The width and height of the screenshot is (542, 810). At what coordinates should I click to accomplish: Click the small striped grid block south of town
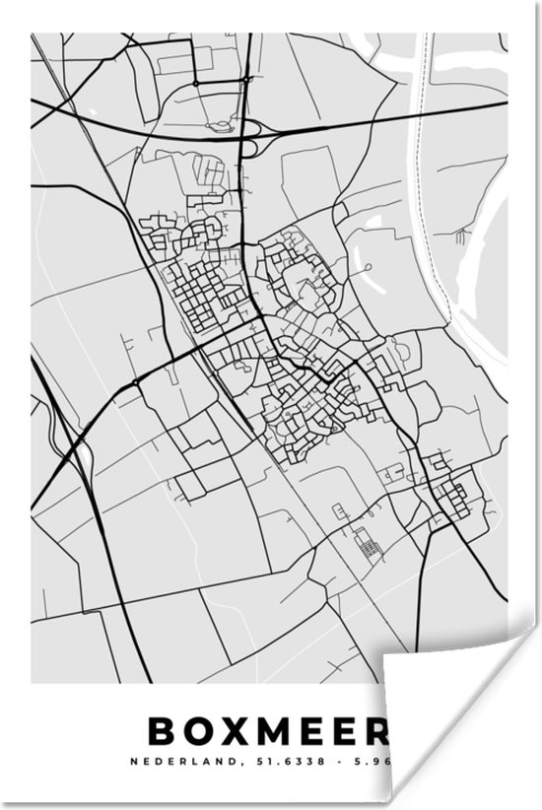pyautogui.click(x=368, y=543)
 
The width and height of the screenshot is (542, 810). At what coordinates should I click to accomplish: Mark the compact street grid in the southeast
pyautogui.click(x=454, y=498)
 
